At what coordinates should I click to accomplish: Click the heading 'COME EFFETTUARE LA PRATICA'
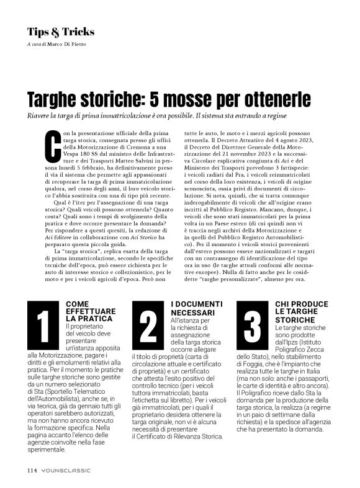coord(86,310)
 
